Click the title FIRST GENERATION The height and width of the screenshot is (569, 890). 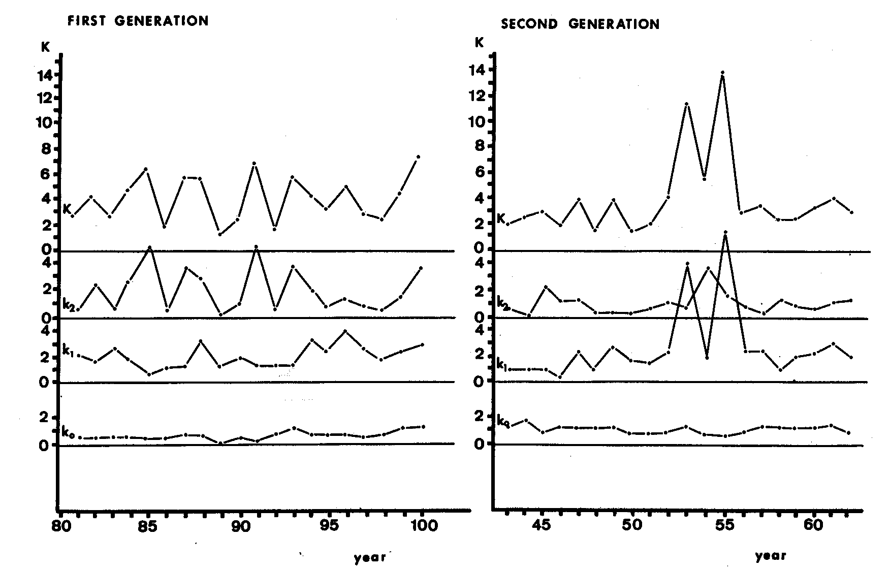point(138,21)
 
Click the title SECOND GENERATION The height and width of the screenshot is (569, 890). point(580,24)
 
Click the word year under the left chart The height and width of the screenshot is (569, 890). point(370,557)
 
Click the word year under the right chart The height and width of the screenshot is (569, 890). point(770,556)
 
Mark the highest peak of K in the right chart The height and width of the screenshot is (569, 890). point(722,73)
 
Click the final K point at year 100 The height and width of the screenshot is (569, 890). point(418,157)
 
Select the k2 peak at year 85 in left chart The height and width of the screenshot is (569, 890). point(149,247)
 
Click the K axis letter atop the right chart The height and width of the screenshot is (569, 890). point(479,43)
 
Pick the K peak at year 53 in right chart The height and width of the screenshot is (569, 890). point(686,104)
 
